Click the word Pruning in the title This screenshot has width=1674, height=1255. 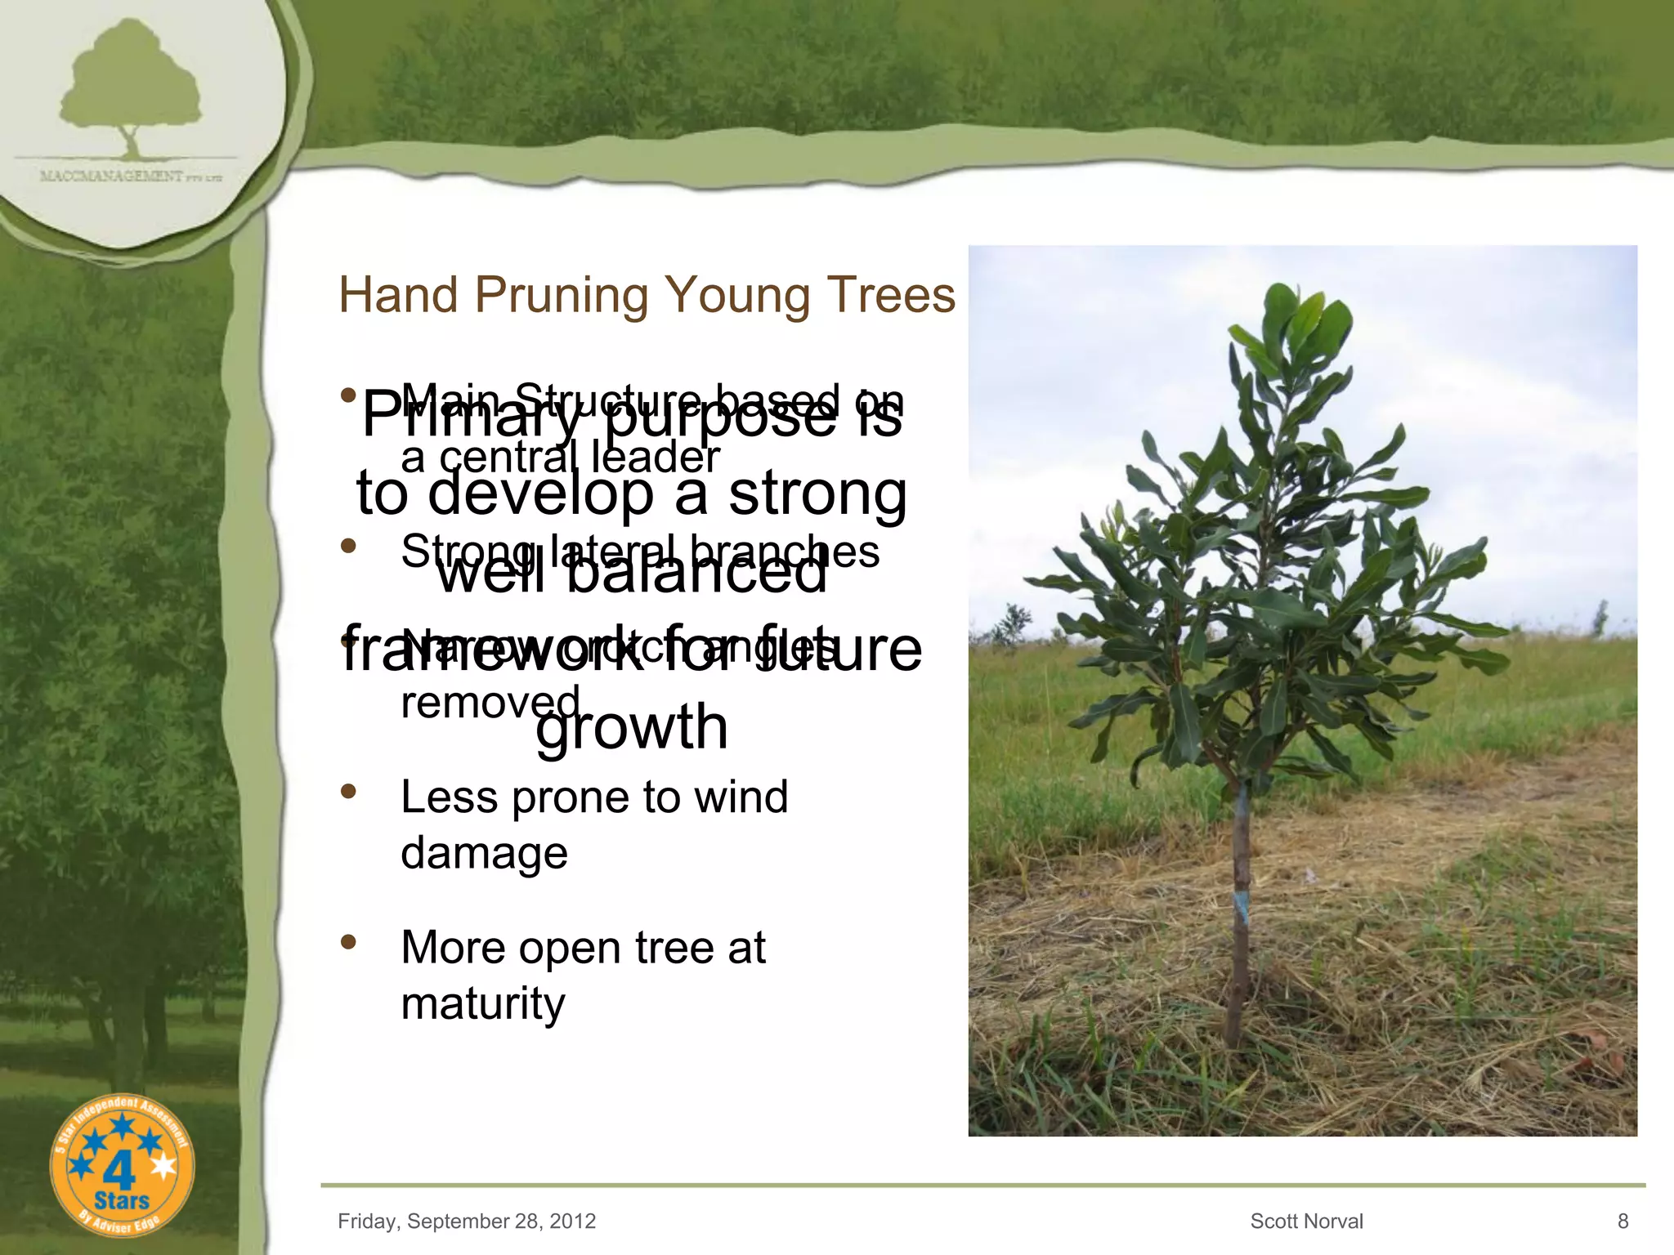(x=562, y=296)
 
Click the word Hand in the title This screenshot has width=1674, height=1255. (x=399, y=294)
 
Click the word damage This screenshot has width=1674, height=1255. (x=484, y=853)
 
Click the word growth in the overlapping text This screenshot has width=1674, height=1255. (x=631, y=727)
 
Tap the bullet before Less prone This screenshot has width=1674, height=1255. (x=349, y=791)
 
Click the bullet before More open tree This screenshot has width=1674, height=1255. (x=349, y=942)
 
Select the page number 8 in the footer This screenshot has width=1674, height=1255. (x=1623, y=1222)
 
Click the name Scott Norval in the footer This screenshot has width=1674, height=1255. (x=1306, y=1222)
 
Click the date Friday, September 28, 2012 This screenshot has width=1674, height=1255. (x=467, y=1222)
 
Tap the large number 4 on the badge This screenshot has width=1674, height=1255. (x=119, y=1171)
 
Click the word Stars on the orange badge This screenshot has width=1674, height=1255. (x=122, y=1201)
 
